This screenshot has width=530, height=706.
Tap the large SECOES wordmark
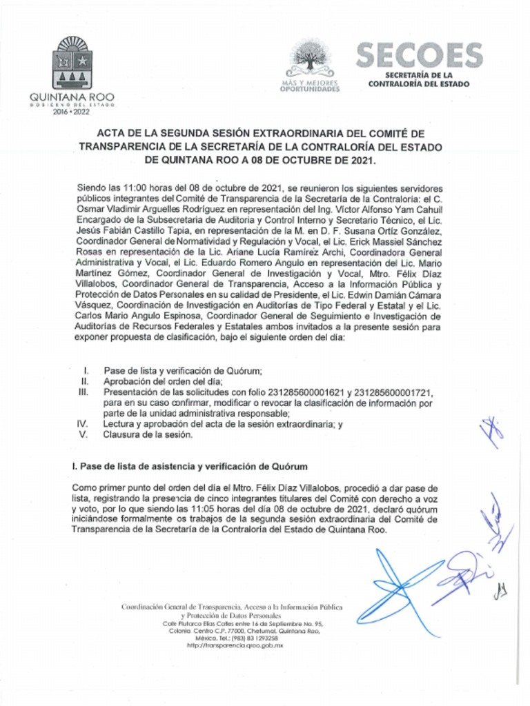[419, 55]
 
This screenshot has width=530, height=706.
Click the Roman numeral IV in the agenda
[83, 424]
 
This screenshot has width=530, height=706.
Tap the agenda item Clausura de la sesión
[148, 434]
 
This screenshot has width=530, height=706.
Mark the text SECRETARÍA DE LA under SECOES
[419, 74]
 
